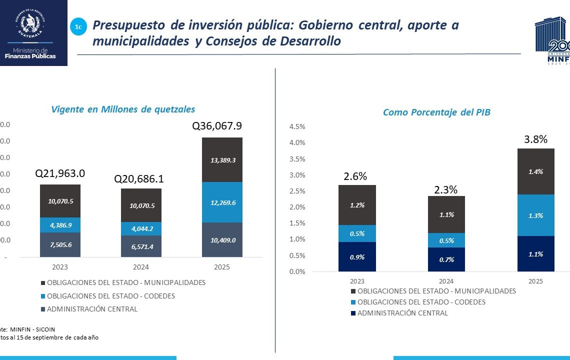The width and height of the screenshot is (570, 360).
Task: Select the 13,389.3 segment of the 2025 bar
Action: coord(222,160)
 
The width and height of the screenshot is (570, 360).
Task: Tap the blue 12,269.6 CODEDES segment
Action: coord(222,202)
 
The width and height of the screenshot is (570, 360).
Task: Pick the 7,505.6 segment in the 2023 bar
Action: coord(60,244)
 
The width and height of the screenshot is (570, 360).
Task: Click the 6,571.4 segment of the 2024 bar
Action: coord(141,246)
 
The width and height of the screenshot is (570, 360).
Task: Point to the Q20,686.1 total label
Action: coord(139,179)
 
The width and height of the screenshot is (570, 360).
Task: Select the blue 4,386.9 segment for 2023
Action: coord(60,225)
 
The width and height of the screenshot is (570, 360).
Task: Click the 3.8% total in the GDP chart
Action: coord(535,139)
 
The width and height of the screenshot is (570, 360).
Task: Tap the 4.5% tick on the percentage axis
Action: coord(297,126)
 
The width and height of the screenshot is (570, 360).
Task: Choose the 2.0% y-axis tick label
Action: coord(297,207)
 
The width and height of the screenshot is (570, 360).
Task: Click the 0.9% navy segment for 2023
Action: coord(357,257)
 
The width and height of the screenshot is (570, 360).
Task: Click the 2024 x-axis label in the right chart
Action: coord(446,281)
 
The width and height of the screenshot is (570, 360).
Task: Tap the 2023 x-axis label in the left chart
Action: coord(60,267)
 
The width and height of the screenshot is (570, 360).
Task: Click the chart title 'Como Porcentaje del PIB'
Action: coord(436,112)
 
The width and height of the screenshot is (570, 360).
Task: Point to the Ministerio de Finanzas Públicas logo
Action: coord(33,32)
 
